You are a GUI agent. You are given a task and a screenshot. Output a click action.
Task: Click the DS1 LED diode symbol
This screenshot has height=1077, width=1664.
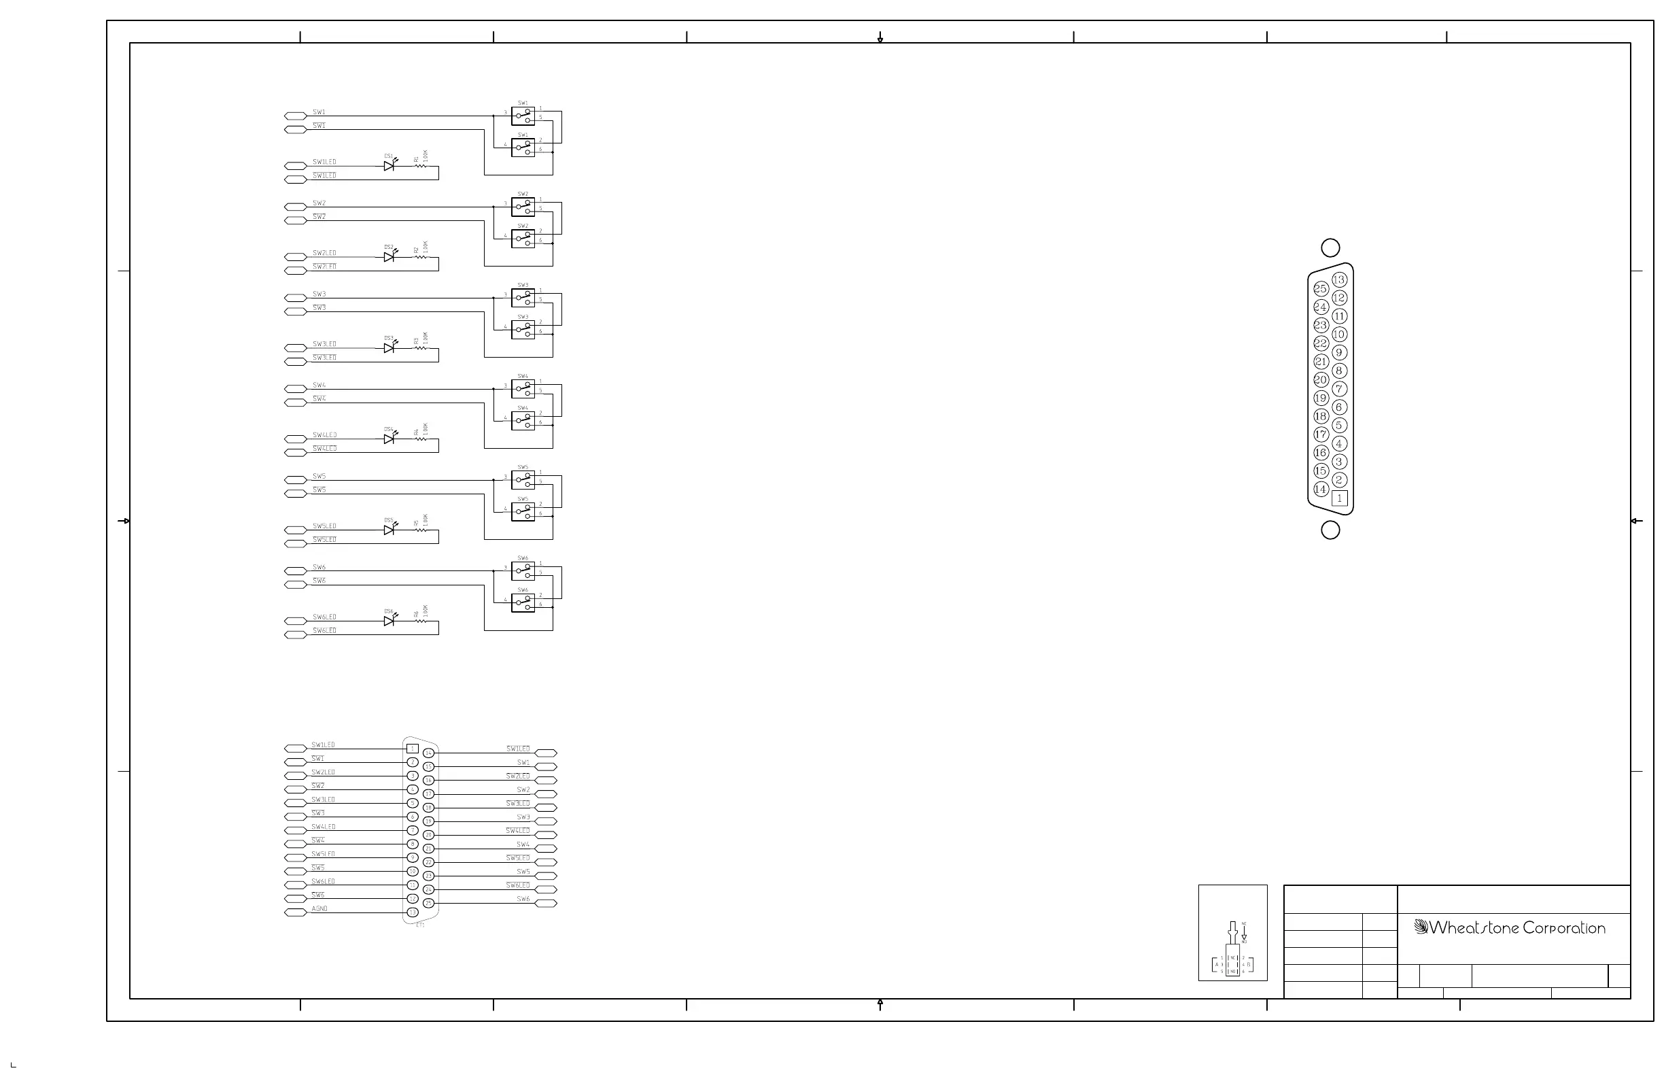(x=389, y=166)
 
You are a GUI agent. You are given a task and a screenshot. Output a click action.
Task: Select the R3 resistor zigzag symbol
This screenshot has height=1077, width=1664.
(x=420, y=347)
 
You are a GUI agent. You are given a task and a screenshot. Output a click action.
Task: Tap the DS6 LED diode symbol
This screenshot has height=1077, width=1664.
(x=389, y=620)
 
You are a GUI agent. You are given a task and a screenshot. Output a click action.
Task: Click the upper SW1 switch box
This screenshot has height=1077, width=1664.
(x=523, y=116)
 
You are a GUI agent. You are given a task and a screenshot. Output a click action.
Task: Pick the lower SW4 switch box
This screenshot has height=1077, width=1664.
(x=523, y=420)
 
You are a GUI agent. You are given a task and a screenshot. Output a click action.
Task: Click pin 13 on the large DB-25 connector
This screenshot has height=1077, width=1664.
(x=1339, y=279)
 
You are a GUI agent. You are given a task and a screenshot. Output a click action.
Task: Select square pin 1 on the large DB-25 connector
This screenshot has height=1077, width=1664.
(x=1339, y=498)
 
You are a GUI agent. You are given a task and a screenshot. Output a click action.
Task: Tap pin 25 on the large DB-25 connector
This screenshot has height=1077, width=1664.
(x=1320, y=289)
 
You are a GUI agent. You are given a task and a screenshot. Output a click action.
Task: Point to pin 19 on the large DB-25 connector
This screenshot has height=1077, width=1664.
(x=1320, y=398)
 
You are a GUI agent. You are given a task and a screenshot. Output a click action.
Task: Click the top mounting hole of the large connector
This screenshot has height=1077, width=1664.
(x=1330, y=247)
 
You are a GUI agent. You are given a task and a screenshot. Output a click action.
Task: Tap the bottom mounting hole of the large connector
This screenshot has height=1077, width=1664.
(x=1330, y=530)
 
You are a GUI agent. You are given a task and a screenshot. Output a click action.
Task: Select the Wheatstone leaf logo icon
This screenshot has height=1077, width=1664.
(x=1420, y=927)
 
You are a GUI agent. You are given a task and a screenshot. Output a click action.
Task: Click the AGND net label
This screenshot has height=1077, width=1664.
(x=319, y=908)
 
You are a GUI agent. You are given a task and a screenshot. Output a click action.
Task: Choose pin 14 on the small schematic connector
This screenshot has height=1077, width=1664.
(x=429, y=753)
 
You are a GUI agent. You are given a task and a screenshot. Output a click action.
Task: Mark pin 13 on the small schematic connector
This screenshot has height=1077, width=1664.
(x=413, y=912)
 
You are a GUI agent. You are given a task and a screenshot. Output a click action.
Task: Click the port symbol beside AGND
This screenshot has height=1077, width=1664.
(x=295, y=912)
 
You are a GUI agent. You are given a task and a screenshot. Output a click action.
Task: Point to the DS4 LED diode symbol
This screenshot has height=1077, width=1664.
(x=389, y=439)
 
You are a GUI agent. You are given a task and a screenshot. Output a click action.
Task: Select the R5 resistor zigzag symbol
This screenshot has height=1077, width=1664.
(x=420, y=530)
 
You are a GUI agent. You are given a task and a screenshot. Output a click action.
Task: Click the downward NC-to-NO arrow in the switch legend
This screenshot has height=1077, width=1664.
(x=1244, y=934)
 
